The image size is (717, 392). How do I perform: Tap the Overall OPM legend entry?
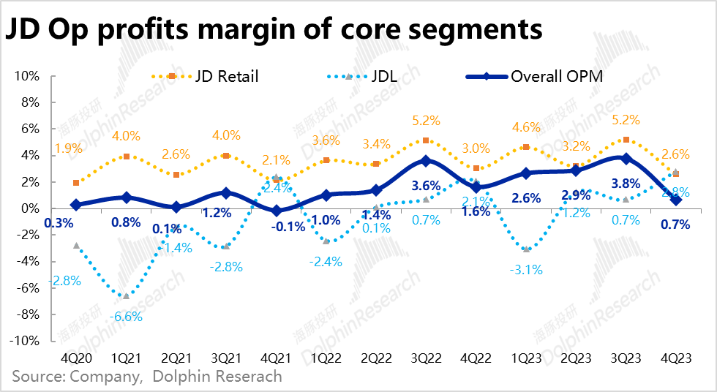(556, 76)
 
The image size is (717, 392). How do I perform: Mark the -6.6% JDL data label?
(127, 317)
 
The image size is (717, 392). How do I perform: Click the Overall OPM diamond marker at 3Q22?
(427, 161)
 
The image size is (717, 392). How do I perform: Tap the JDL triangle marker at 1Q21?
(127, 295)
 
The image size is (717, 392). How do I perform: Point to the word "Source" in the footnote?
(37, 377)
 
